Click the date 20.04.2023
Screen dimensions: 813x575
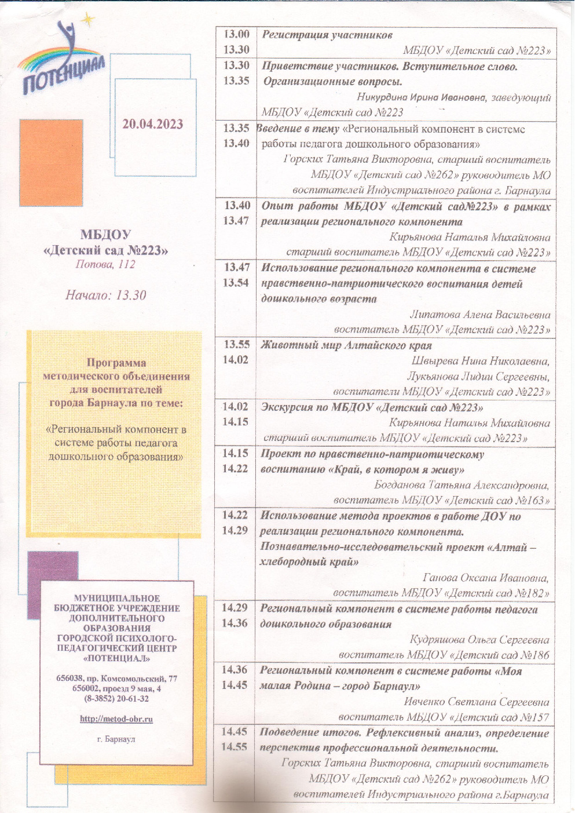152,124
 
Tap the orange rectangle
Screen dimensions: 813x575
51,163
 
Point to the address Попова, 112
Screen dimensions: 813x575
105,265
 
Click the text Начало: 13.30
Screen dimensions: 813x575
105,295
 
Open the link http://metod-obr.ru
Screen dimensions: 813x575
116,719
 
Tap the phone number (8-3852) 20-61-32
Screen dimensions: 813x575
116,699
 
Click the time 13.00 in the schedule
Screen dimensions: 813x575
236,35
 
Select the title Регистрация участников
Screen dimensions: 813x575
327,35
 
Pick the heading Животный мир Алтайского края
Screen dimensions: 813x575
346,345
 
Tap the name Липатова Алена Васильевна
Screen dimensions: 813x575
480,315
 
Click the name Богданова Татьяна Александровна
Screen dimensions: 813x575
462,485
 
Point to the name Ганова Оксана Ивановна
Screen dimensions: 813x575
486,578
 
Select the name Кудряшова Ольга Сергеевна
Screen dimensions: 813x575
479,640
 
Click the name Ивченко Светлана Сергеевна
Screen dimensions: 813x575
476,702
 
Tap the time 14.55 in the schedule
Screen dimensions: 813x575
234,747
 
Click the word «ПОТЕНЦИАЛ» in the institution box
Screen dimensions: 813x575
116,659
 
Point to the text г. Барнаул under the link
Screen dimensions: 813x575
116,739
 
